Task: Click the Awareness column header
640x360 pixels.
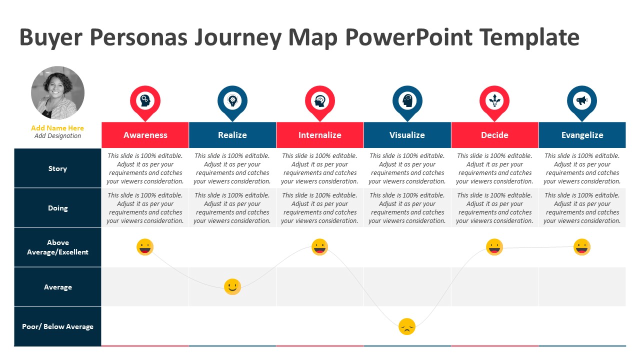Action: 145,135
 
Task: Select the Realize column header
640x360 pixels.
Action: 232,135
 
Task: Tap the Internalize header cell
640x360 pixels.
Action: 320,135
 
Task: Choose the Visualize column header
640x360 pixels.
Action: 407,135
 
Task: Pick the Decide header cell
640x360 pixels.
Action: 494,135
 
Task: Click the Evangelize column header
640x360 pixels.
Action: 582,135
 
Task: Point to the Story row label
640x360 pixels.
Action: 57,168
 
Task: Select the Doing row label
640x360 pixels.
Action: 57,208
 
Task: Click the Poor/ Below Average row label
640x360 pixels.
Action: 57,326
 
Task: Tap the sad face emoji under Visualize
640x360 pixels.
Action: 407,326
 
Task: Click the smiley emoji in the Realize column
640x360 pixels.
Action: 232,286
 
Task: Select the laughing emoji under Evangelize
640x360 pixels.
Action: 582,247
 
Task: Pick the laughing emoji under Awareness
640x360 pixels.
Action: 145,247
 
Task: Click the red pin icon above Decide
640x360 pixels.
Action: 494,101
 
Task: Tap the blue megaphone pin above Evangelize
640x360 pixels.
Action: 582,101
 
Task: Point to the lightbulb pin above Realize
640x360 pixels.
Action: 232,101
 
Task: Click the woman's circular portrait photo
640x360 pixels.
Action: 57,93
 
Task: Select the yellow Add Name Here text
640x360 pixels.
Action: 57,128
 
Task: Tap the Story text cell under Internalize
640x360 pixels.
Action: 320,168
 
